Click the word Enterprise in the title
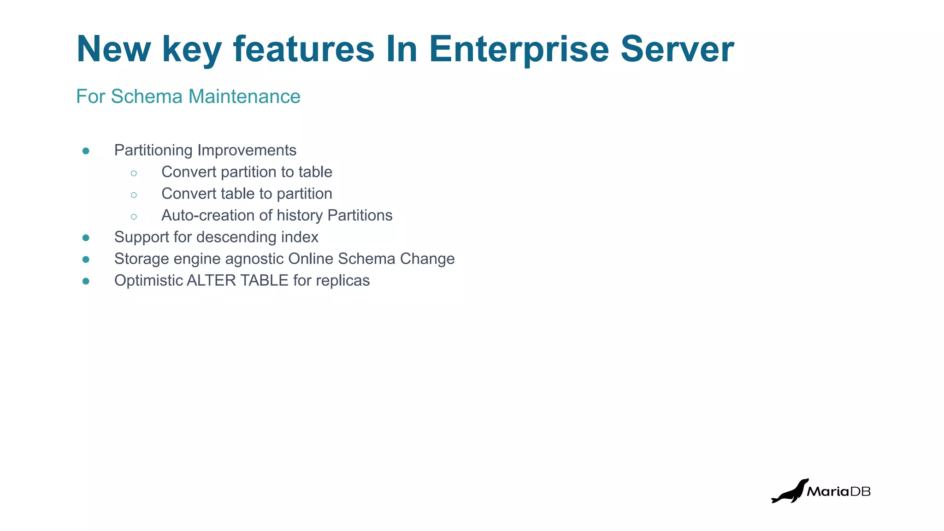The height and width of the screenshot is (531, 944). [x=519, y=49]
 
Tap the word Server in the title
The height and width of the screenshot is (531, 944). [x=677, y=49]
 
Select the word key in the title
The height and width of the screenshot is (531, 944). [x=192, y=50]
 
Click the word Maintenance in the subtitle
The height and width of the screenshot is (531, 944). [x=244, y=96]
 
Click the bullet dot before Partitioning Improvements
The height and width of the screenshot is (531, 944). [x=86, y=151]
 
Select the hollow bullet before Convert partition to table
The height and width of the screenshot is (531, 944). [x=134, y=173]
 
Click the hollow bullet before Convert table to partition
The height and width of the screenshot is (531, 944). [x=134, y=195]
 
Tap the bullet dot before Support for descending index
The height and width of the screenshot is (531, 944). [x=86, y=237]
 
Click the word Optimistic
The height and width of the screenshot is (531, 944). [x=148, y=280]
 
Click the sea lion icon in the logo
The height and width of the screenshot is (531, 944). [x=790, y=491]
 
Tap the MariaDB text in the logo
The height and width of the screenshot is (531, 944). [x=838, y=491]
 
